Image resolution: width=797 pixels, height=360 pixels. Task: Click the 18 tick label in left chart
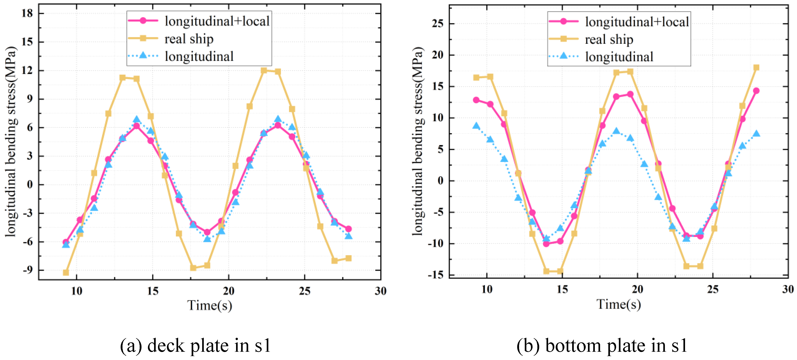tap(27, 13)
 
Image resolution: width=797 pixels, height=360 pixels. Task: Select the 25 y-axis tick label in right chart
tap(438, 24)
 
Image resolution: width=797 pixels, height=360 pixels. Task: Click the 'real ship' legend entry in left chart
tap(189, 39)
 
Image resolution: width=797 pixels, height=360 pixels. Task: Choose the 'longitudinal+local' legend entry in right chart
tap(637, 22)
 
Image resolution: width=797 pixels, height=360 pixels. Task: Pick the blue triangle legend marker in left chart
tap(143, 55)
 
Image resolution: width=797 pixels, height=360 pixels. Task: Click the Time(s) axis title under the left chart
tap(209, 305)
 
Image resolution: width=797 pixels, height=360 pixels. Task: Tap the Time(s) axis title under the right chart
tap(618, 304)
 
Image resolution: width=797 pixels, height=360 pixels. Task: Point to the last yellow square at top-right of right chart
tap(756, 67)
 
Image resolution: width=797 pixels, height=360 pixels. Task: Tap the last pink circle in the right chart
tap(756, 91)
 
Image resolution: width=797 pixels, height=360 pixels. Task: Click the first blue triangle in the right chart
tap(476, 126)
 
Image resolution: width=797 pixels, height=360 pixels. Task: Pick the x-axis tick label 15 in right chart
tap(562, 289)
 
